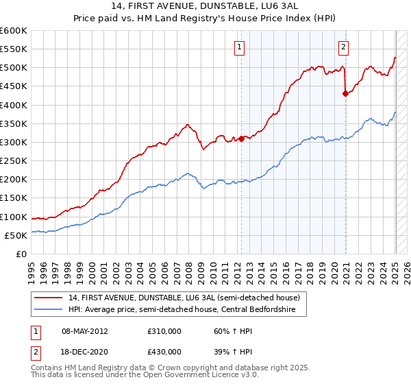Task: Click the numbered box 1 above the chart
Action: (x=240, y=47)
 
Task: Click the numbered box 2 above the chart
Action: (x=342, y=47)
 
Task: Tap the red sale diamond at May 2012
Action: (x=241, y=139)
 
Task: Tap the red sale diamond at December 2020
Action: (x=345, y=94)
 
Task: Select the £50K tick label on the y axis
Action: (x=16, y=235)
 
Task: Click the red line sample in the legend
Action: (x=49, y=298)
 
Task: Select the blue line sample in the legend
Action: (x=49, y=309)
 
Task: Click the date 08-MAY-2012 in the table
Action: (x=85, y=331)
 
